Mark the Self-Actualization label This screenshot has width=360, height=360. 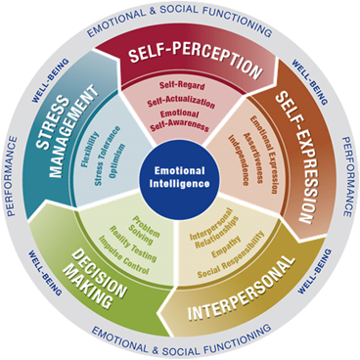click(181, 102)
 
